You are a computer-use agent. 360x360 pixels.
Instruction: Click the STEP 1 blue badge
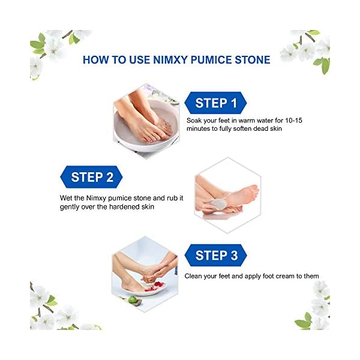(x=217, y=103)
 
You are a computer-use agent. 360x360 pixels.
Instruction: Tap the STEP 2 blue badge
(x=92, y=177)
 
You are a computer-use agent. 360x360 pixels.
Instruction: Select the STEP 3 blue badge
(x=217, y=255)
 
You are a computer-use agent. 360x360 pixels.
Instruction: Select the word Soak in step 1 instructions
(x=196, y=120)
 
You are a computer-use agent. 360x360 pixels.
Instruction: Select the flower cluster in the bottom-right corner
(x=312, y=306)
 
